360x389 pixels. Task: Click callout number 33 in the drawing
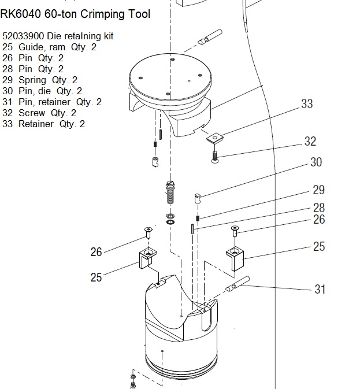point(307,103)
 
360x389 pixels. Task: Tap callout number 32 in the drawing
point(310,142)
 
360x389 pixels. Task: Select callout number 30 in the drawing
point(316,162)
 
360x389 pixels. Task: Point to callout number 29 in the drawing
point(318,190)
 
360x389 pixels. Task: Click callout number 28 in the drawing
point(319,208)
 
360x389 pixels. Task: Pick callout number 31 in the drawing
point(320,289)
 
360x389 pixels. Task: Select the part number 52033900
point(23,36)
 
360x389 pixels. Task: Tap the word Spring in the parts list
point(32,80)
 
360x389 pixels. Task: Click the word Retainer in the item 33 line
point(36,124)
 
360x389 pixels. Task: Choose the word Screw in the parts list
point(32,113)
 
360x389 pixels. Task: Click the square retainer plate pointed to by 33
point(215,138)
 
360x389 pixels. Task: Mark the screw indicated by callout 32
point(215,157)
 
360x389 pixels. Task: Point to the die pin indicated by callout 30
point(198,198)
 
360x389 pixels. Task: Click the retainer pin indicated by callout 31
point(237,284)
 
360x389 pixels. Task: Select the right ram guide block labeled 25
point(235,259)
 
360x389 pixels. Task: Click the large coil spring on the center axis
point(170,193)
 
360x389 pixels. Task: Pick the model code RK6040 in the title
point(20,14)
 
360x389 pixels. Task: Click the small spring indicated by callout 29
point(198,218)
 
